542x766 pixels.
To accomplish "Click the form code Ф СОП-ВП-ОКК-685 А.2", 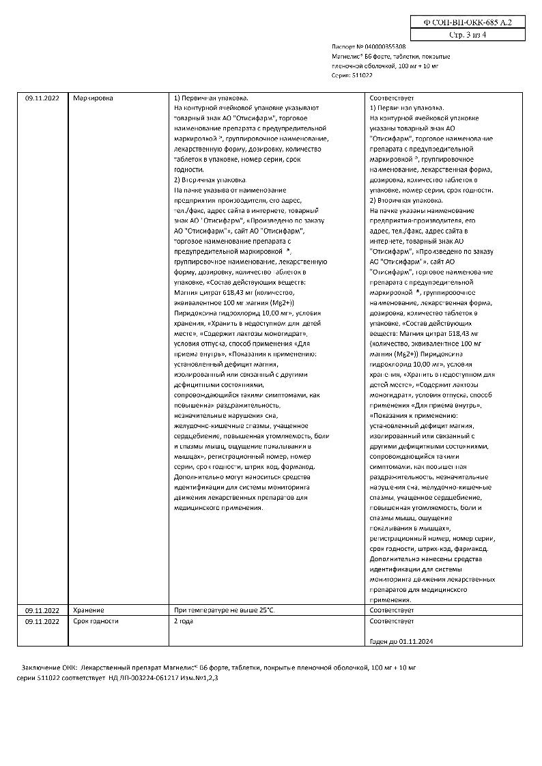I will [x=468, y=22].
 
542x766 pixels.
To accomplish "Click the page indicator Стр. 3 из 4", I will [x=468, y=33].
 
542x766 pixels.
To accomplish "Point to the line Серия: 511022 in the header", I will [x=352, y=75].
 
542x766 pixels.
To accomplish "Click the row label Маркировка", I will [x=93, y=98].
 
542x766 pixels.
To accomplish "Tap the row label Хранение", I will [x=88, y=610].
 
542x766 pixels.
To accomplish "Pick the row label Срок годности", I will [x=96, y=621].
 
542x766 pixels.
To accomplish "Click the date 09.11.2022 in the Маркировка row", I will [x=42, y=98].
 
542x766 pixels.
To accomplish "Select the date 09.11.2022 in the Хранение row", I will [x=42, y=610].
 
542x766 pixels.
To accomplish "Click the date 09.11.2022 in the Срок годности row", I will [x=42, y=621].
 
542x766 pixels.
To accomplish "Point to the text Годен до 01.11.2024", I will [x=401, y=642].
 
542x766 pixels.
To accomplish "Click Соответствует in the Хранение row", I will [x=391, y=609].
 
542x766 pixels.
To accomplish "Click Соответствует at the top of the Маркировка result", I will [x=391, y=98].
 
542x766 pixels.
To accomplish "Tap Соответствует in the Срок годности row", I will [x=391, y=621].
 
